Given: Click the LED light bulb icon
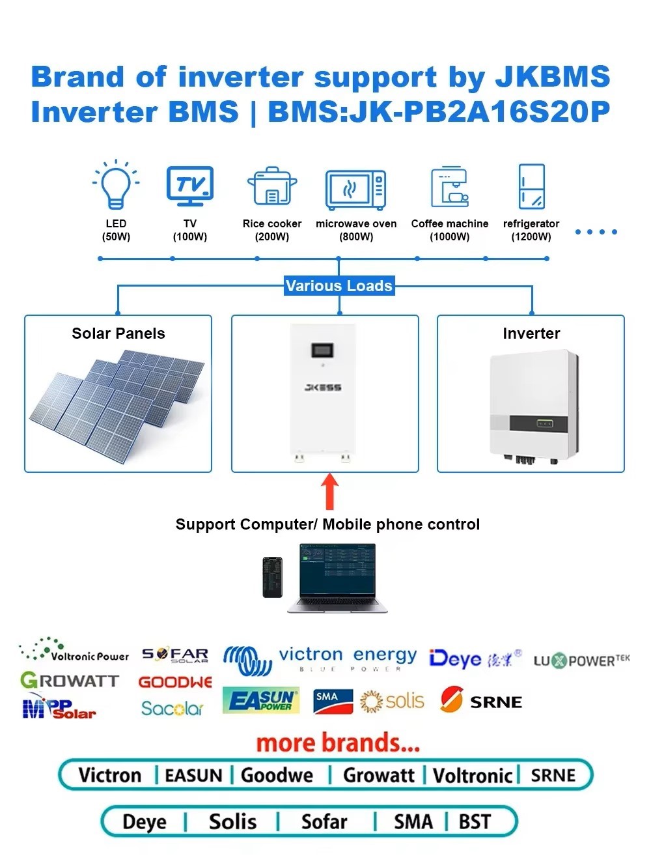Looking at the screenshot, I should tap(116, 186).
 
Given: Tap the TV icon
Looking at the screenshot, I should tap(189, 186).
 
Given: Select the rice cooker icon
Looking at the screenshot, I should tap(271, 187).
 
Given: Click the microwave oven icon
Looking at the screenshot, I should tap(355, 190).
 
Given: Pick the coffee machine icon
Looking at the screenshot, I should tap(450, 187).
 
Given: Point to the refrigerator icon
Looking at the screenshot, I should tap(531, 187).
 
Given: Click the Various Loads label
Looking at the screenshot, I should tap(339, 286).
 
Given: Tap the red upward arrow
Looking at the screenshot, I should tap(330, 491).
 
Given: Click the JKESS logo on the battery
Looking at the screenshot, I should tap(323, 388).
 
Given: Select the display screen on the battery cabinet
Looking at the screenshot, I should tap(323, 350).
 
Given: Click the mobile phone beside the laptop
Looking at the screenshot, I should tap(272, 577).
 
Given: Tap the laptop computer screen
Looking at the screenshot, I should tap(337, 571).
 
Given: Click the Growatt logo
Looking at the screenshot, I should tap(70, 681).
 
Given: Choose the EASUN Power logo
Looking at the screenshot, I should tap(261, 700).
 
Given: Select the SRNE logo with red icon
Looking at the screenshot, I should tap(481, 701).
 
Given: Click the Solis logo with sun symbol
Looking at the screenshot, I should tap(392, 702).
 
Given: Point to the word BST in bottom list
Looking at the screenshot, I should tap(475, 822).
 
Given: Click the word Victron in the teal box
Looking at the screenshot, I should tap(109, 775).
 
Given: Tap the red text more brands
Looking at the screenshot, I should tap(338, 743).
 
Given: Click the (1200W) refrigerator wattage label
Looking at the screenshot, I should tap(531, 236).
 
